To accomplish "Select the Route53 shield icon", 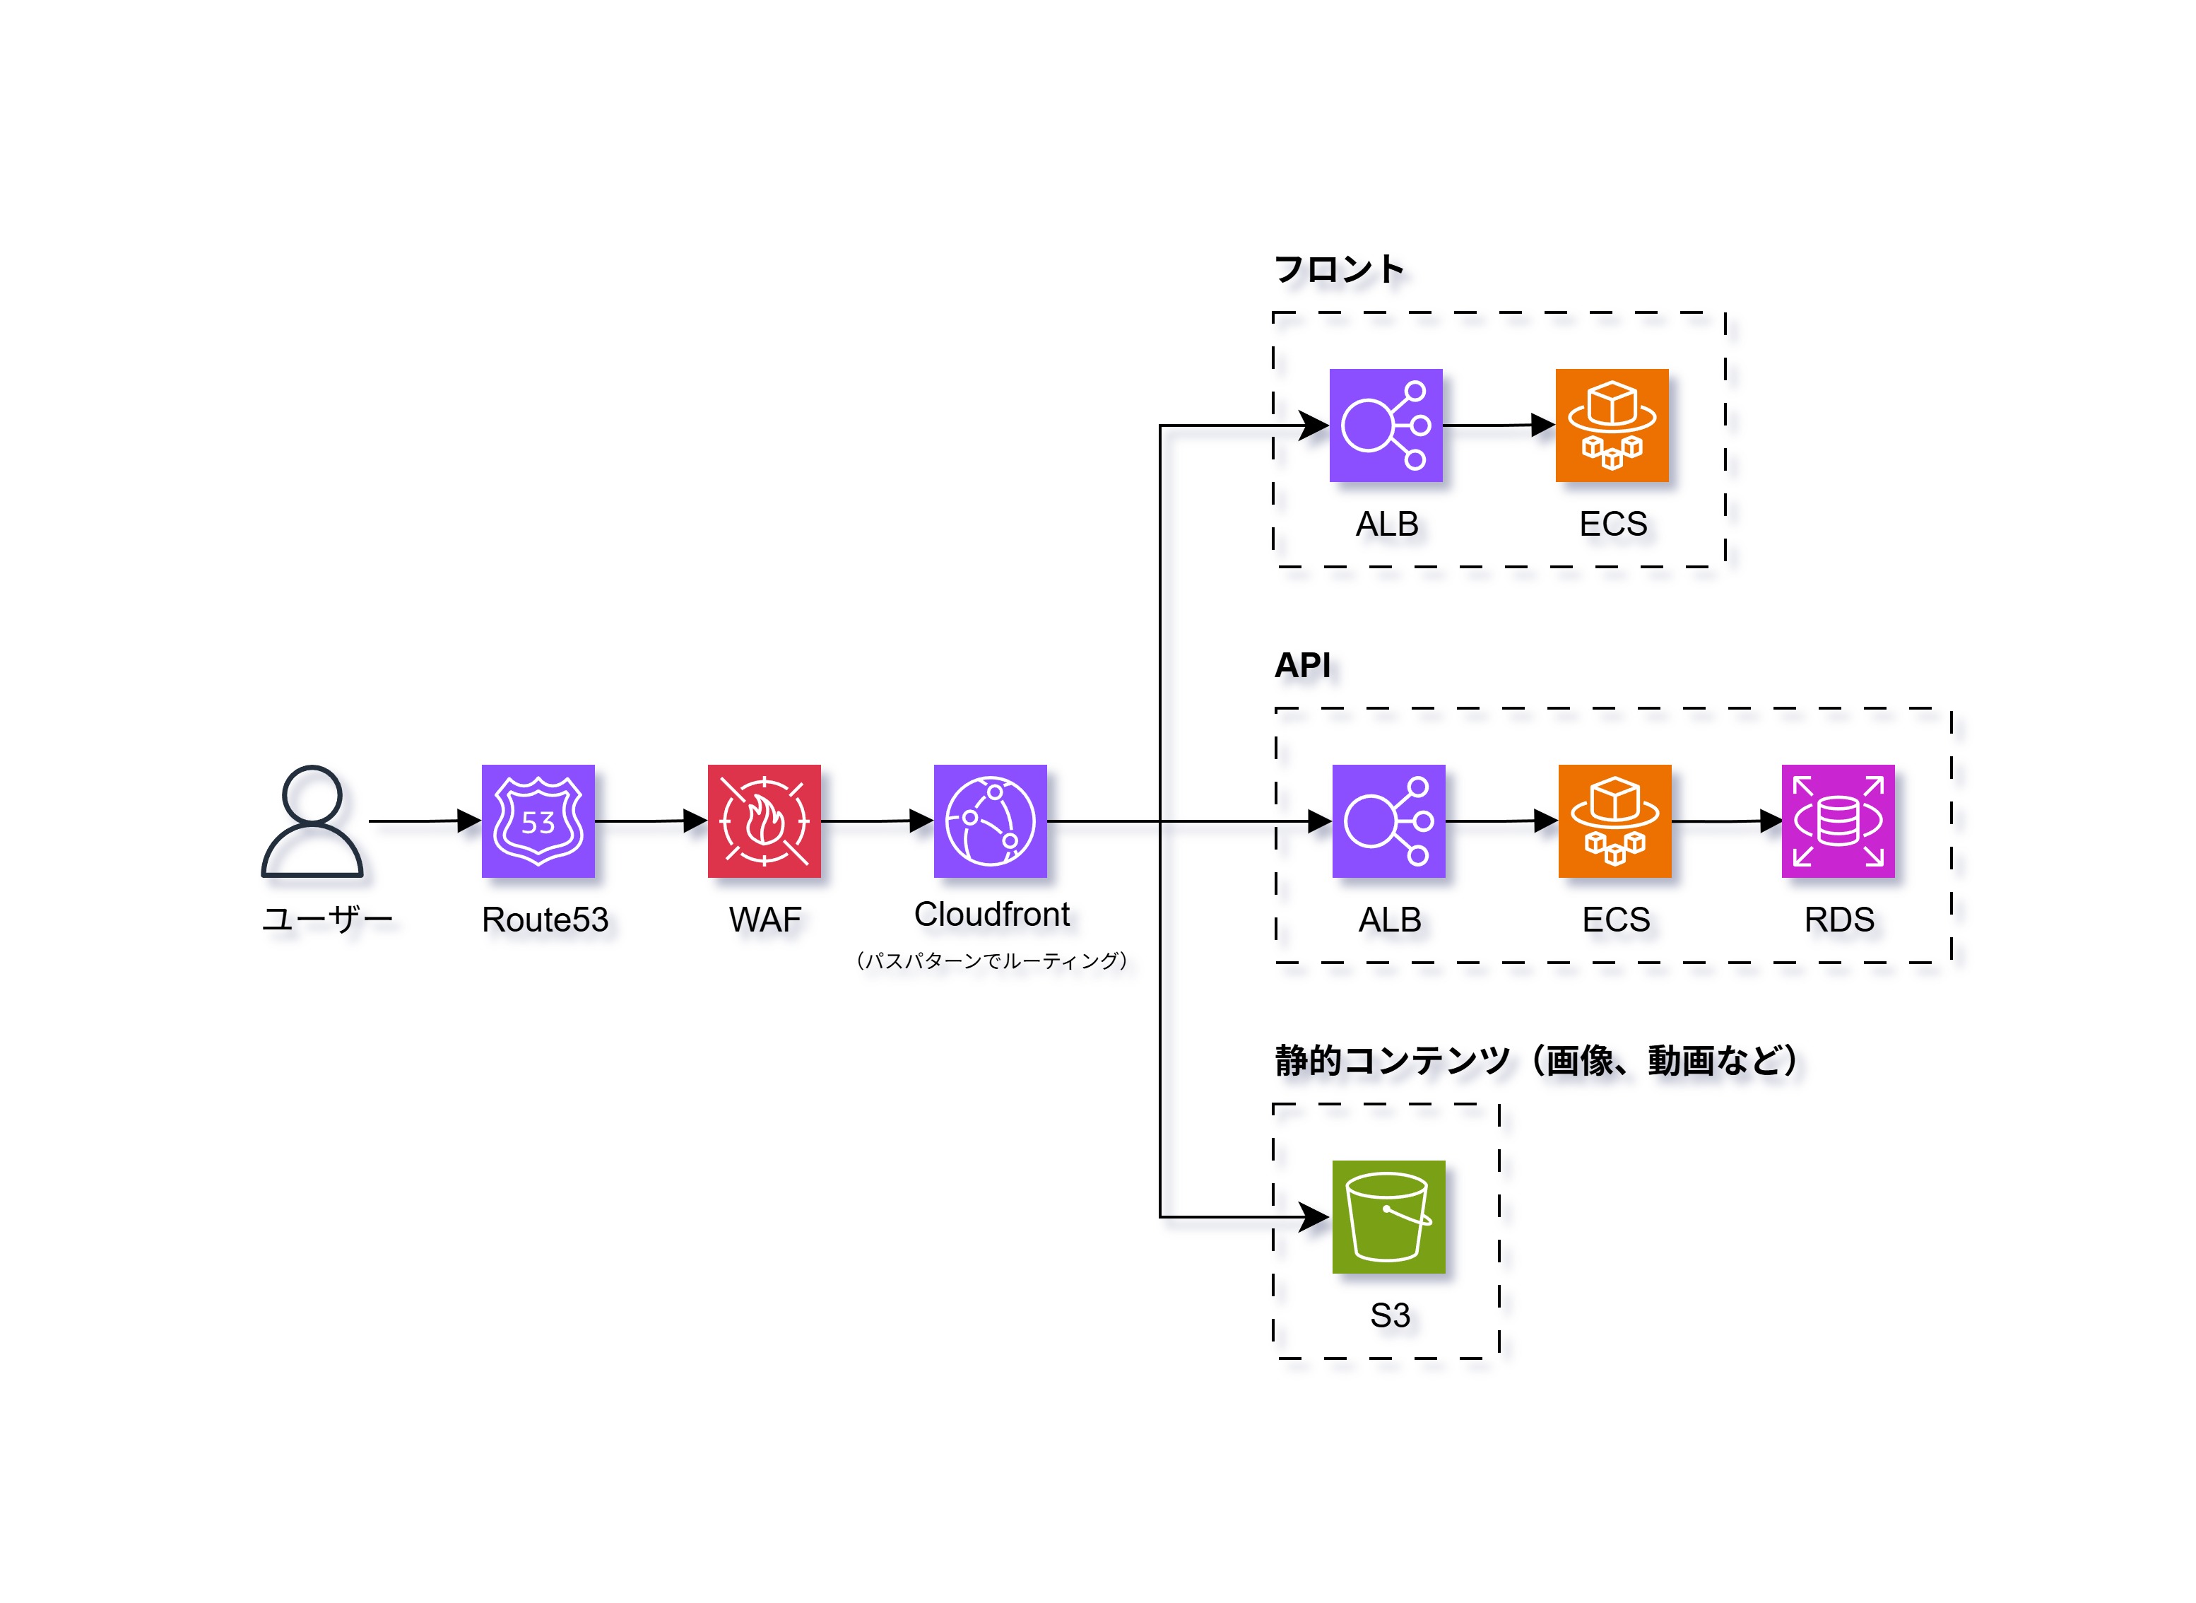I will tap(538, 821).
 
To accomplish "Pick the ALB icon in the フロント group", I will tap(1385, 425).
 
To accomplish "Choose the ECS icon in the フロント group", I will tap(1611, 425).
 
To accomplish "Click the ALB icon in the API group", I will tap(1388, 821).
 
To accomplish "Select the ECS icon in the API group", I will tap(1614, 821).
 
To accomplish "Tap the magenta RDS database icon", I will tap(1837, 821).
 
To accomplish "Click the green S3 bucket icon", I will tap(1388, 1217).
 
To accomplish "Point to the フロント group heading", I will tap(1338, 269).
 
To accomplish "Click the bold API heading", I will tap(1301, 666).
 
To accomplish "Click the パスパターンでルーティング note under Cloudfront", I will tap(991, 961).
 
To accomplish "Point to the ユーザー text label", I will tap(327, 919).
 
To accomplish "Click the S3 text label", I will tap(1389, 1315).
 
